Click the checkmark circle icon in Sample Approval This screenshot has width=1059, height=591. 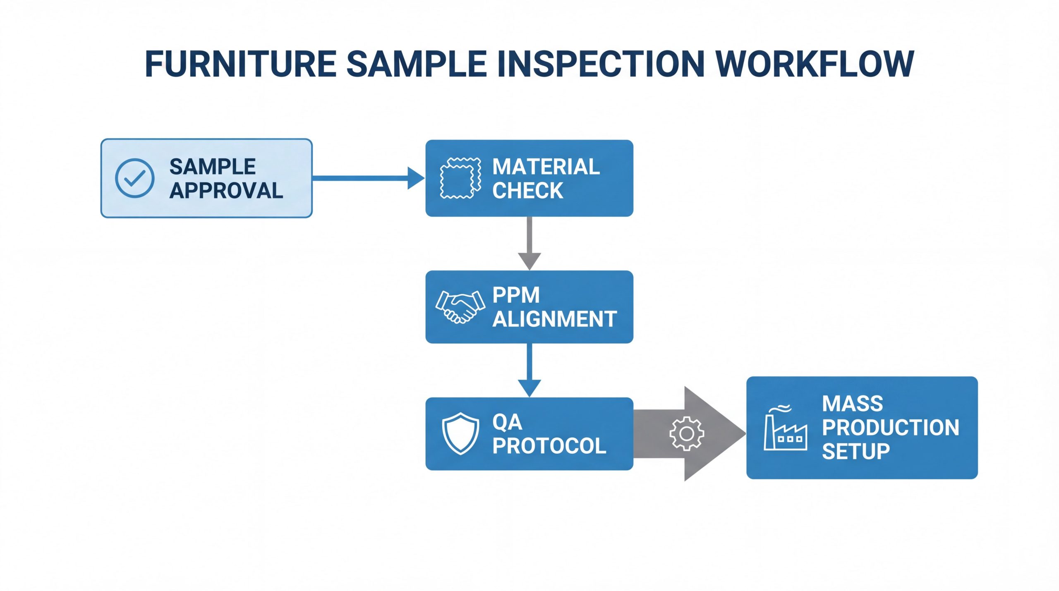tap(134, 178)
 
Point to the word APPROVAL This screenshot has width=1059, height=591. tap(226, 191)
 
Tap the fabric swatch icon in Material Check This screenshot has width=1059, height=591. tap(460, 178)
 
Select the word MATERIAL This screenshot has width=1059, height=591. tap(546, 167)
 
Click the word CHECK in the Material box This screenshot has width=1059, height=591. tap(527, 191)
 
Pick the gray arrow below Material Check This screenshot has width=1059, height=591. tap(529, 244)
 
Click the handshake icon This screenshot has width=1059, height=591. tap(460, 306)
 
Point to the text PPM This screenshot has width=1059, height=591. tap(516, 295)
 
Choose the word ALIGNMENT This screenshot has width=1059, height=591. tap(555, 319)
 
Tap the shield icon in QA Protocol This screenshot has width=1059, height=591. tap(460, 433)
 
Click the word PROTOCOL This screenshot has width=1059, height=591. tap(549, 446)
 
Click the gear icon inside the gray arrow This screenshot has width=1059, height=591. tap(686, 433)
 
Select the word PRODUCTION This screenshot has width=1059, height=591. tap(890, 427)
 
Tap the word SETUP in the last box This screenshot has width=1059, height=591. tap(855, 451)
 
